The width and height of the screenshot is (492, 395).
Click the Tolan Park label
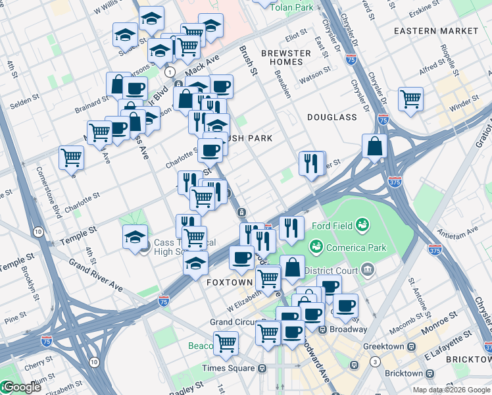point(294,7)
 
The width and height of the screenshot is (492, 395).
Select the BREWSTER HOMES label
point(285,57)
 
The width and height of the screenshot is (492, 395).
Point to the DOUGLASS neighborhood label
point(332,117)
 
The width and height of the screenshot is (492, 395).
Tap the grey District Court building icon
point(367,269)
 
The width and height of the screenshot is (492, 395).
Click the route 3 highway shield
point(374,362)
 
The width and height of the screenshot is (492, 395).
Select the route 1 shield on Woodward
point(170,71)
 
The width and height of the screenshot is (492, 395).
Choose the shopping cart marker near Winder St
point(410,99)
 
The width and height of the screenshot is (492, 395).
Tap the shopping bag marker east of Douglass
point(374,147)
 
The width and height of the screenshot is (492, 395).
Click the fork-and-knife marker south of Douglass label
point(311,162)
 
